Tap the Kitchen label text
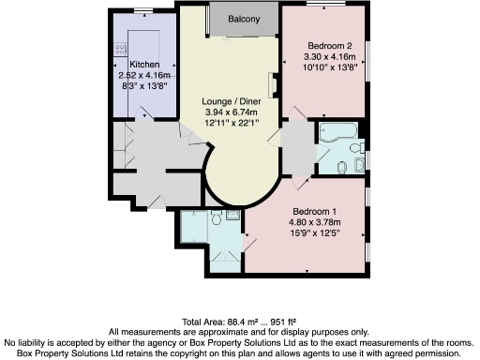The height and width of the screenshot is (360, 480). coord(132,64)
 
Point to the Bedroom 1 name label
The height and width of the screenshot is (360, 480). coord(314,211)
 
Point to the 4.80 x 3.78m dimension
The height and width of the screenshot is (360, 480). coord(314,222)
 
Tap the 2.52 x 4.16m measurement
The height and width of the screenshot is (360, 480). coord(132,75)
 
